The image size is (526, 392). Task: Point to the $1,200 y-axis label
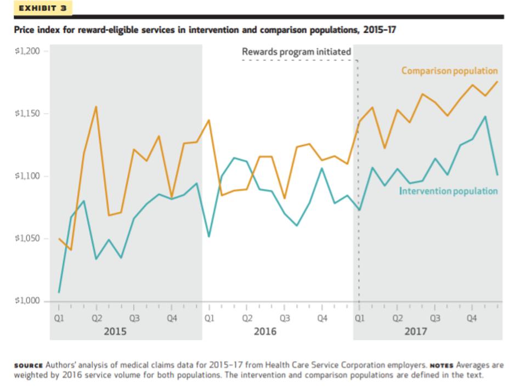coord(31,51)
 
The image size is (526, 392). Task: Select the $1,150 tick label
coord(31,114)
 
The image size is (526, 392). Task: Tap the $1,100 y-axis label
coord(31,176)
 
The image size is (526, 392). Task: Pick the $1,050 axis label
coord(31,238)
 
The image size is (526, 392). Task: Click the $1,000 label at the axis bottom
coord(31,301)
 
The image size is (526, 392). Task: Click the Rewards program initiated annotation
coord(296,52)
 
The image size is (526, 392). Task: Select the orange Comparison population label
coord(449,71)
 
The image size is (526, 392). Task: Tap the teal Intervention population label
coord(449,191)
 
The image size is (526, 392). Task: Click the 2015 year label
coord(115,331)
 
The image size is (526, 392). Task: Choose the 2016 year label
coord(265,331)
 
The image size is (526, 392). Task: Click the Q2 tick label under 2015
coord(97,318)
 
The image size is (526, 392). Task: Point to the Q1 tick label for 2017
coord(359,318)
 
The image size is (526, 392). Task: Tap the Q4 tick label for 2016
coord(322,318)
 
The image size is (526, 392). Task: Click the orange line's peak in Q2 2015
coord(97,106)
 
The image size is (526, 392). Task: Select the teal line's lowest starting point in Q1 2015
coord(59,292)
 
